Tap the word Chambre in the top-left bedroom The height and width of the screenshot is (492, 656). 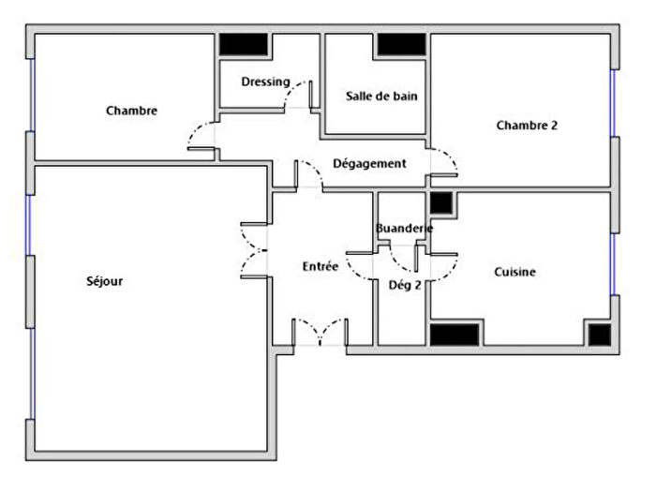tap(131, 111)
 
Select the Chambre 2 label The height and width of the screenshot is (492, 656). tap(527, 125)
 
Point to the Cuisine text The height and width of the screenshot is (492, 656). tap(514, 272)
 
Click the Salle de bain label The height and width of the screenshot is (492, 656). tap(381, 96)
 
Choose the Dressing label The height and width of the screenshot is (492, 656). tap(265, 82)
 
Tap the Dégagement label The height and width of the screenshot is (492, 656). tap(370, 163)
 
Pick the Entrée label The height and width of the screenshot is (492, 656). tap(320, 266)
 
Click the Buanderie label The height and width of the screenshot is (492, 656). tap(403, 229)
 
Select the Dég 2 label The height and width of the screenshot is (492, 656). tap(404, 285)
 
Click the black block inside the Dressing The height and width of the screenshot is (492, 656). tap(244, 45)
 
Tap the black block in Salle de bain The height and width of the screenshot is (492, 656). tap(401, 45)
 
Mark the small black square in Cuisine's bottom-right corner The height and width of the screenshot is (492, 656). tap(598, 334)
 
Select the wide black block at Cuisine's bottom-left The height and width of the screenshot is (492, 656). tap(455, 334)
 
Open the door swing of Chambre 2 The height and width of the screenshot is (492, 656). tap(445, 165)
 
